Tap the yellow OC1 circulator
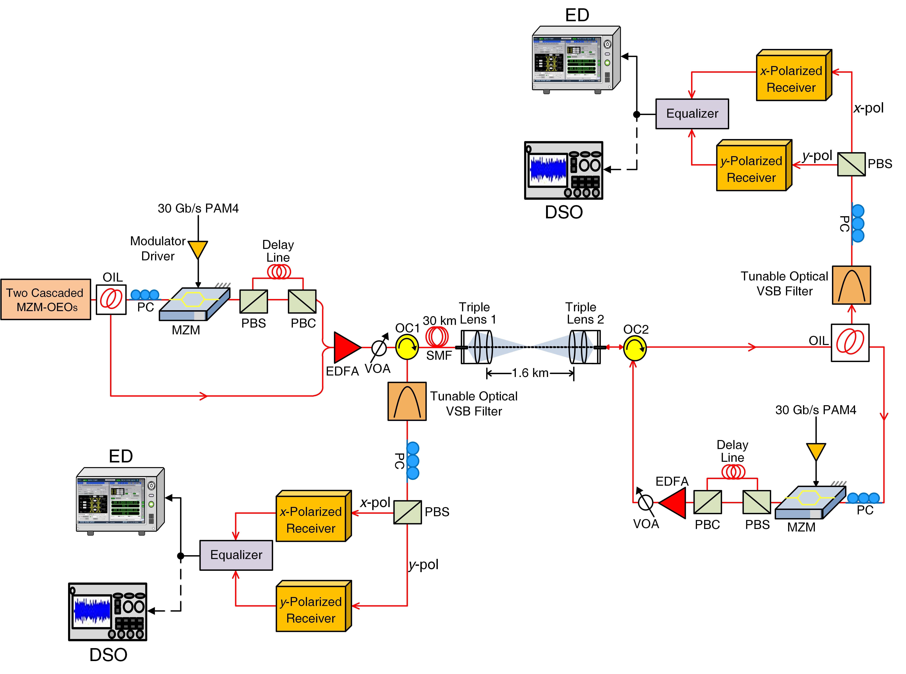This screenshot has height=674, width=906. (407, 347)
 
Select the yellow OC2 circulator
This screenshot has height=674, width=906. (635, 348)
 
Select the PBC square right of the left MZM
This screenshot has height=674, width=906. (302, 301)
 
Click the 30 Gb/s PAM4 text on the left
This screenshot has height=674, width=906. (198, 208)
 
